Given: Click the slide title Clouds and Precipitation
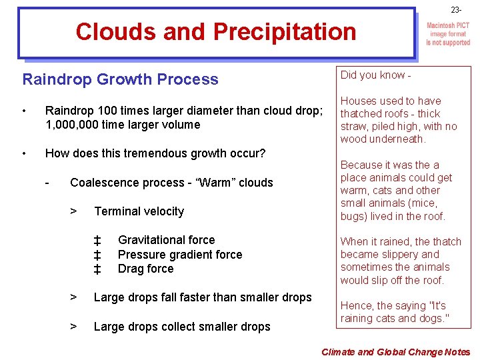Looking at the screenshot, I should pos(216,31).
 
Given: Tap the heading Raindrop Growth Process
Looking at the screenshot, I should pos(120,79).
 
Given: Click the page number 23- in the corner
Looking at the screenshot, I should pos(455,10).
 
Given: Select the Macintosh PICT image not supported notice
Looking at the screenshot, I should pos(447,34).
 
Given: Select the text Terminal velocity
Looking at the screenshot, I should pos(139,211).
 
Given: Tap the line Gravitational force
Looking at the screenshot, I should pos(166,240).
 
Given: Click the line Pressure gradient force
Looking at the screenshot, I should pos(179,255).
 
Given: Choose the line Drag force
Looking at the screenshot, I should pos(145,269).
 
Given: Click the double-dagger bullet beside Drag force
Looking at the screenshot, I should pos(97,269).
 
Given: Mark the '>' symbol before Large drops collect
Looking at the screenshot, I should pos(75,327).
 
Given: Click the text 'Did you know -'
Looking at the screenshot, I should pos(375,75).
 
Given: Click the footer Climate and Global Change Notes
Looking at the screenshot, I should pos(395,352).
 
